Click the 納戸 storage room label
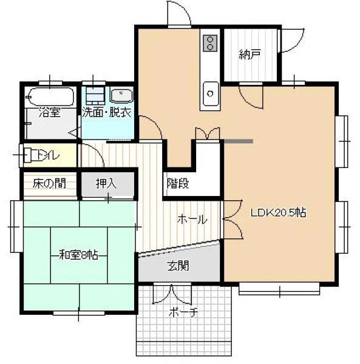point(250,55)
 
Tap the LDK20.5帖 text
point(278,212)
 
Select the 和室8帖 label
point(78,255)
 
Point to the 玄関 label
point(178,266)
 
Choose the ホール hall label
point(192,219)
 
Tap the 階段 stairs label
point(178,183)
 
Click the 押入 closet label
point(106,183)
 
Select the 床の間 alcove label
point(49,183)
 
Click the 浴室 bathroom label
point(50,112)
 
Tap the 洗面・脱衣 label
point(107,112)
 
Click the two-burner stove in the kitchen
point(210,43)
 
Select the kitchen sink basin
point(211,94)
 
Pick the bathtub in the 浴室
point(50,96)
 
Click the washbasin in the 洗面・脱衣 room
point(121,95)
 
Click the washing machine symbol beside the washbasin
point(95,96)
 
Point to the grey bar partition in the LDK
point(239,141)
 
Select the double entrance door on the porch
point(172,294)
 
